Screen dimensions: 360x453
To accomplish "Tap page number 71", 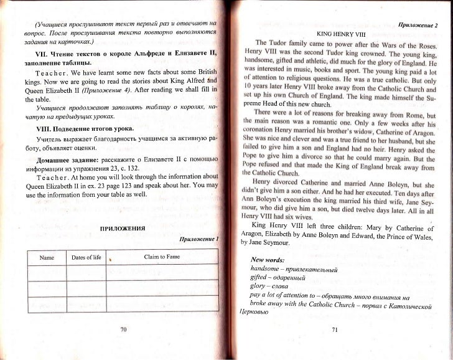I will (x=335, y=330).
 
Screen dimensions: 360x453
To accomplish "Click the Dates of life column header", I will (x=87, y=257).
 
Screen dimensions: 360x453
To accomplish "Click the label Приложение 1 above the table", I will (x=200, y=239).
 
